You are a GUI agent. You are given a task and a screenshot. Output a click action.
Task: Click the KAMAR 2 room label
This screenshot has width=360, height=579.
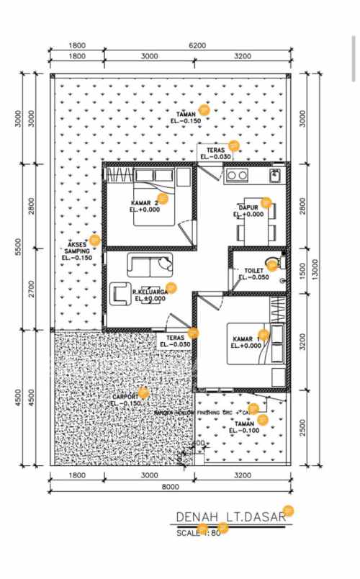[x=145, y=202]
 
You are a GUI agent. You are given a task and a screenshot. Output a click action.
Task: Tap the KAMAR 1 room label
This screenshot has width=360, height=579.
[x=247, y=338]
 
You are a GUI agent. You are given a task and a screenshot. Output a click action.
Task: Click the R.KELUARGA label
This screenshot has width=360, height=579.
[x=150, y=291]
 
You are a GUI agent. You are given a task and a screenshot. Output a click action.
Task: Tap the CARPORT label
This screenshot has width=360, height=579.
[x=125, y=397]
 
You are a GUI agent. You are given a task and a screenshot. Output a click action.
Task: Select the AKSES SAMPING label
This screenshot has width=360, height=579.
[x=77, y=247]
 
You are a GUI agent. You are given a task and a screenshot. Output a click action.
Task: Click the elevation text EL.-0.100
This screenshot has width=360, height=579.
[x=245, y=431]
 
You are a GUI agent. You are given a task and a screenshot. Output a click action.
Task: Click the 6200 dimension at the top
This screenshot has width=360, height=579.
[x=197, y=45]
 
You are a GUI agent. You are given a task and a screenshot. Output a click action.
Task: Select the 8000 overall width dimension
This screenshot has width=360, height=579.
[x=170, y=488]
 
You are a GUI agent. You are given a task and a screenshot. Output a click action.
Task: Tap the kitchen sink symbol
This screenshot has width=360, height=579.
[x=274, y=174]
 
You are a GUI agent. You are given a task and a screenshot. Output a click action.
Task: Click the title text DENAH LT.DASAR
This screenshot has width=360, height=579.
[x=229, y=518]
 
